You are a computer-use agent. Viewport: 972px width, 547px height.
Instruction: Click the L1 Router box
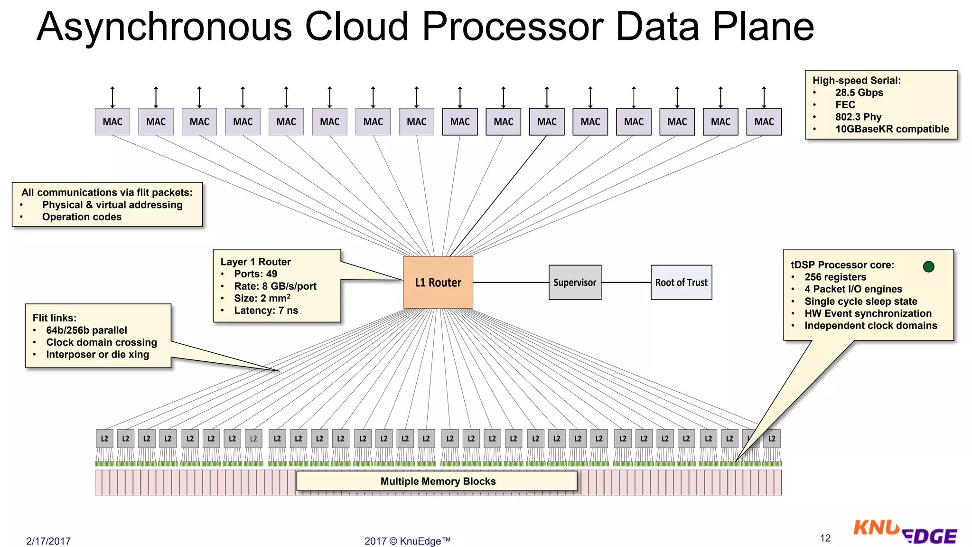(x=438, y=283)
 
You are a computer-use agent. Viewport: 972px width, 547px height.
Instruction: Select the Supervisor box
(x=574, y=283)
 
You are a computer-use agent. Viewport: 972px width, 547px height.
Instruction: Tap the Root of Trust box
(x=681, y=283)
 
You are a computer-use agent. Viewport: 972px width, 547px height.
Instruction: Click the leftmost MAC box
(x=112, y=122)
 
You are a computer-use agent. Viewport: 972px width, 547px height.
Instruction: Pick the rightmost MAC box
(x=764, y=122)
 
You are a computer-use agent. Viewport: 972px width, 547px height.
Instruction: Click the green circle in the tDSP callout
(x=928, y=266)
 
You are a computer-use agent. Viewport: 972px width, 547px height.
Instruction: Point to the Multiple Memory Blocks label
(x=437, y=481)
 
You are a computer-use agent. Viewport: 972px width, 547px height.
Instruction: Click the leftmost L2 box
(x=104, y=439)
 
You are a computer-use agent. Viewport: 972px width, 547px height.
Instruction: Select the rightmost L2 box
(x=772, y=439)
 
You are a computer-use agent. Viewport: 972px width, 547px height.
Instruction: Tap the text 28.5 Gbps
(x=859, y=93)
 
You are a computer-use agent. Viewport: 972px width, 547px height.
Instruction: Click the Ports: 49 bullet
(x=255, y=274)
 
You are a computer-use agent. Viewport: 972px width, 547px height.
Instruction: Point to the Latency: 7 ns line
(x=266, y=311)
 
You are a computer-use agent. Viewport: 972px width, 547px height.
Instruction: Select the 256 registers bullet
(x=835, y=277)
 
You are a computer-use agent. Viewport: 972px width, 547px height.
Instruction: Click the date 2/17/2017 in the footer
(x=48, y=541)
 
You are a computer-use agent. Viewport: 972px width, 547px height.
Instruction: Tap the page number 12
(x=825, y=538)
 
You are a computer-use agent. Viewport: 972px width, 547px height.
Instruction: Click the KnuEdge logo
(x=904, y=532)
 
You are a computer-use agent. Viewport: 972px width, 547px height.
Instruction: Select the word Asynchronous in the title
(x=164, y=27)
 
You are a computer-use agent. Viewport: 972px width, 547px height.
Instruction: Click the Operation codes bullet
(x=82, y=217)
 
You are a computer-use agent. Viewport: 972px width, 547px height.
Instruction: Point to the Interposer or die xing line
(x=97, y=355)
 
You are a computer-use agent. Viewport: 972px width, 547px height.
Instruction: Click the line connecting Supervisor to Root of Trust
(x=626, y=283)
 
